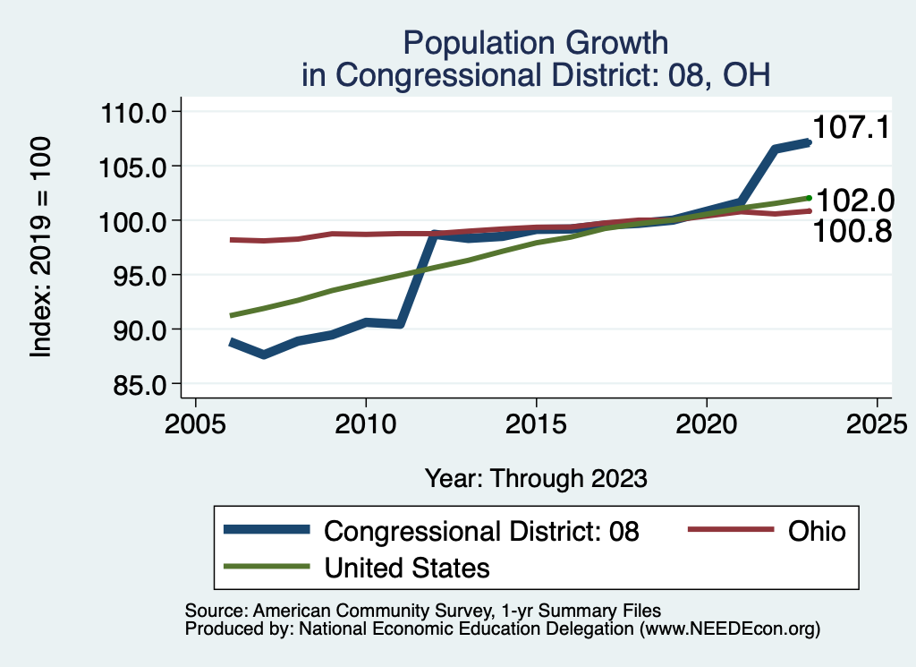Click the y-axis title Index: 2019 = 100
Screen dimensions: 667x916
[41, 248]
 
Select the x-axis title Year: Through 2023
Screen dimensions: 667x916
[535, 478]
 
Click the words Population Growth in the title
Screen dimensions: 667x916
[535, 42]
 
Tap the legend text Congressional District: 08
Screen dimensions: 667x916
[481, 531]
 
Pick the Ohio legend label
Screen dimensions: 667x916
[816, 531]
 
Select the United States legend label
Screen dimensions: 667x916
[407, 567]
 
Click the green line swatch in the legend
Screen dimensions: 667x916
[267, 567]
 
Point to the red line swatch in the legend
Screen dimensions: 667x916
[729, 531]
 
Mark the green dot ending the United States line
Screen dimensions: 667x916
[809, 198]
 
